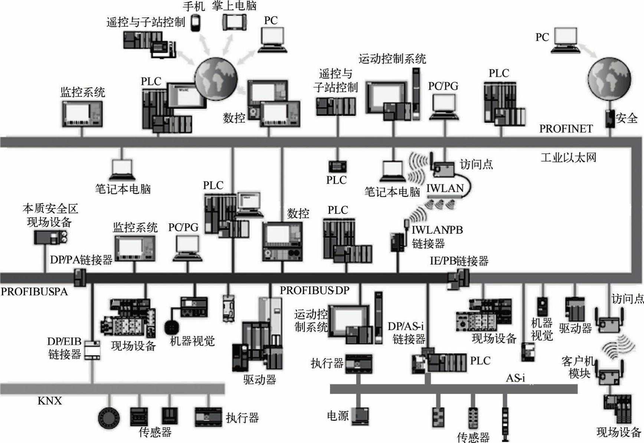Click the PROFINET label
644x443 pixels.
[566, 129]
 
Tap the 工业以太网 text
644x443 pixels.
[568, 158]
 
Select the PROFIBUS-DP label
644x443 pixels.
[314, 290]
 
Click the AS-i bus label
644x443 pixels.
[515, 378]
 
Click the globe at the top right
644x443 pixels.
[609, 79]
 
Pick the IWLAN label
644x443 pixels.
[445, 188]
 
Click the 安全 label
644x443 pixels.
[627, 118]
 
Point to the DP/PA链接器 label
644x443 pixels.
[81, 260]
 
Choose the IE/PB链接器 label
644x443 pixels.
[459, 261]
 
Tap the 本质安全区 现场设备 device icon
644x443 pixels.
[51, 237]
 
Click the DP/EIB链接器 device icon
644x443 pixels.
[92, 350]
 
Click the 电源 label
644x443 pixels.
[337, 416]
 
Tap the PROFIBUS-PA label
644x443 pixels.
[34, 292]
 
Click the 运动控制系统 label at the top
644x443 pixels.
[392, 59]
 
